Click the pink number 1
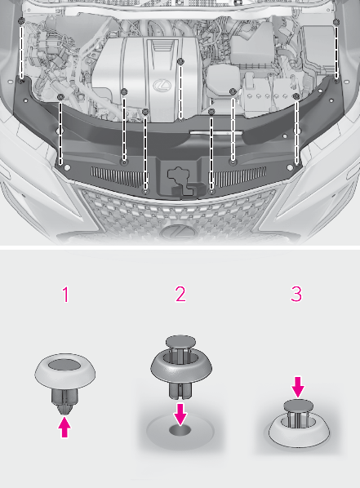click(x=65, y=295)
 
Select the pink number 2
click(x=180, y=295)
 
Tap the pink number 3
click(x=296, y=295)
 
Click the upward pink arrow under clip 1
click(x=64, y=428)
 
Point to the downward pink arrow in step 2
click(x=180, y=415)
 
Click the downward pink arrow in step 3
click(x=298, y=387)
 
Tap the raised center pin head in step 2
click(x=180, y=341)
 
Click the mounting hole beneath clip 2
click(x=180, y=430)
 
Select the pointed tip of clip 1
click(x=64, y=411)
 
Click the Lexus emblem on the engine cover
click(x=162, y=85)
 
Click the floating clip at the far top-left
click(x=21, y=21)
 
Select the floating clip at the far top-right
click(x=336, y=22)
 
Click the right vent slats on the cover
click(x=241, y=177)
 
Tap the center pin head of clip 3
click(x=298, y=406)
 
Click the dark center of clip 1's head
click(x=64, y=365)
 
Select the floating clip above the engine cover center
click(x=180, y=61)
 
